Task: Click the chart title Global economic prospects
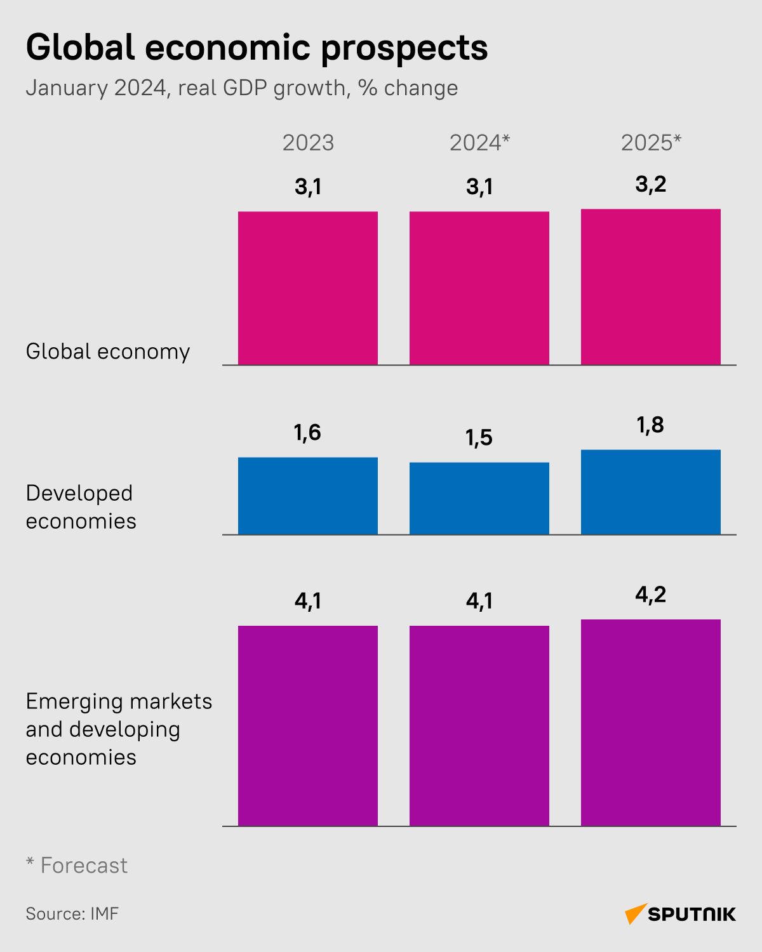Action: [x=257, y=48]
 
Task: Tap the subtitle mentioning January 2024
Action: [x=241, y=88]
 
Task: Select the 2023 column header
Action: [x=308, y=143]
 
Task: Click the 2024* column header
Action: [x=479, y=143]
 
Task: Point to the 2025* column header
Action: [x=651, y=143]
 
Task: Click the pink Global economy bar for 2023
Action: [x=308, y=288]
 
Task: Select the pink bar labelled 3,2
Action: [x=651, y=287]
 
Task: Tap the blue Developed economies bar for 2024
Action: [x=479, y=498]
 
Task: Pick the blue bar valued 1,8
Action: [x=651, y=492]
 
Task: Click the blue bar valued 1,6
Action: [x=308, y=496]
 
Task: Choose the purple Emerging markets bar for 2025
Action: [x=651, y=722]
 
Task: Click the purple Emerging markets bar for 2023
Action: [x=308, y=725]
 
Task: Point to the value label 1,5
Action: [x=479, y=438]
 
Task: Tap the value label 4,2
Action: [x=650, y=595]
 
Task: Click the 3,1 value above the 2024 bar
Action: [x=479, y=187]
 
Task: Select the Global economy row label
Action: [x=108, y=352]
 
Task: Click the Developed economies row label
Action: [x=81, y=507]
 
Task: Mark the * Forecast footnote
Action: [x=77, y=865]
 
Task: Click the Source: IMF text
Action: [x=72, y=914]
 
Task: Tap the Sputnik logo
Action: [x=680, y=914]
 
